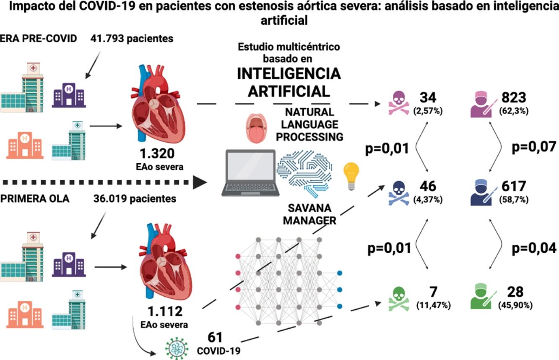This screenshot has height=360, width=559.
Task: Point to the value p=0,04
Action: [x=534, y=248]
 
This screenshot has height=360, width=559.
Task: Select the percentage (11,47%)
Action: [x=433, y=305]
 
